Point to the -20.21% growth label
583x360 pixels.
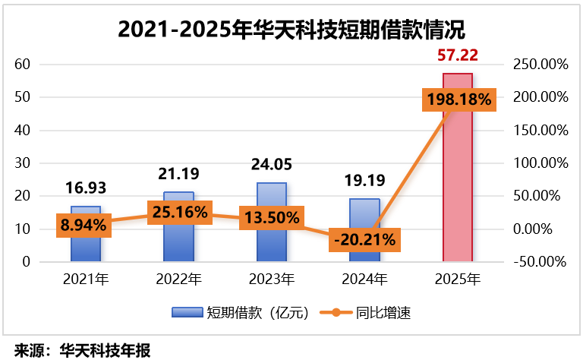364,240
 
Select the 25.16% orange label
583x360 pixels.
178,212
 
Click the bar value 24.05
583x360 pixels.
272,165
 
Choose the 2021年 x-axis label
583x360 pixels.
85,279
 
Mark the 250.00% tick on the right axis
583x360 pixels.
540,65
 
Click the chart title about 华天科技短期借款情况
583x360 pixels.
291,30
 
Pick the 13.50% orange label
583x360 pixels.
272,217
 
